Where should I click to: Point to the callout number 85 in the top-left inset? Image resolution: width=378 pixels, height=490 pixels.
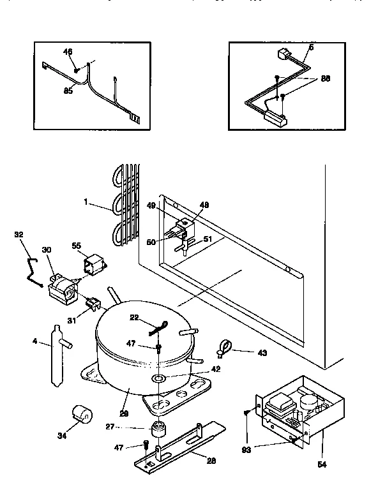click(x=68, y=91)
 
